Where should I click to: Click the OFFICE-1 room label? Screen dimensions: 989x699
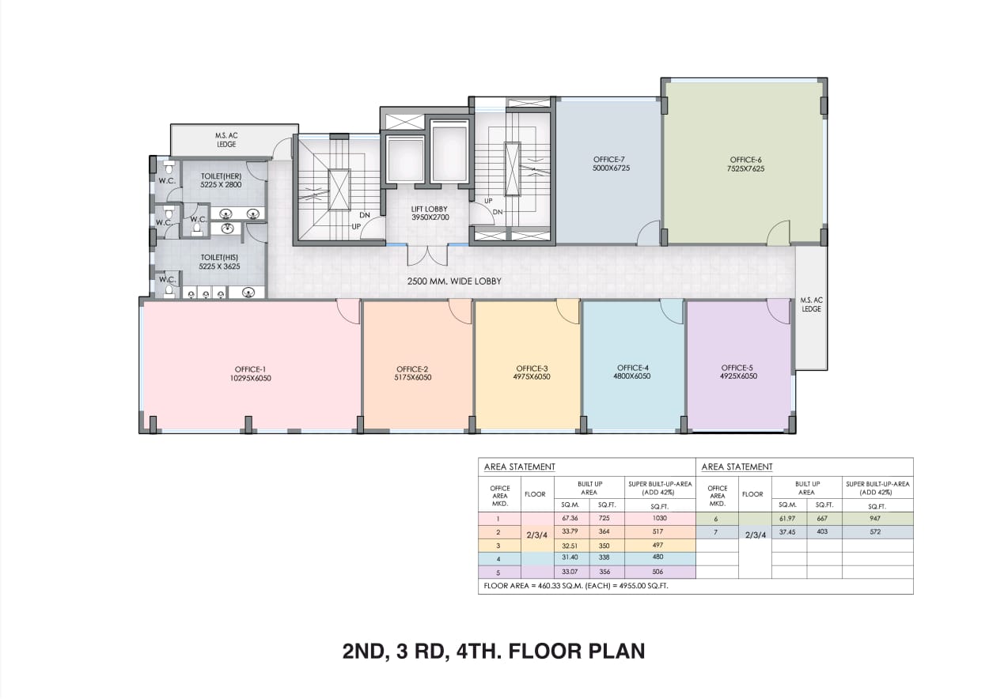point(250,369)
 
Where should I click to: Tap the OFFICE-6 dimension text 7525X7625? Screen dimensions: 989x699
point(745,168)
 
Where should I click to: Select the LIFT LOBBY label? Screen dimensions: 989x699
point(429,210)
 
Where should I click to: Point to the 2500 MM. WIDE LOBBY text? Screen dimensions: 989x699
point(454,281)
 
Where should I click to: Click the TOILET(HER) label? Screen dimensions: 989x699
point(222,176)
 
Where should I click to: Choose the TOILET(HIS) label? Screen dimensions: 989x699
point(219,257)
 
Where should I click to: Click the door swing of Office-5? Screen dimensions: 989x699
point(778,311)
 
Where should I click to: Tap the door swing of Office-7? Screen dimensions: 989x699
point(648,233)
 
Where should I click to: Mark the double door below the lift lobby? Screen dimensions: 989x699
point(427,255)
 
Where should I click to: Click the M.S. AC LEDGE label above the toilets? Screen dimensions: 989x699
point(226,140)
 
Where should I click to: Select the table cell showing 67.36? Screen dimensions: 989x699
point(570,518)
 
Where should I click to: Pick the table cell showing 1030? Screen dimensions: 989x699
point(660,518)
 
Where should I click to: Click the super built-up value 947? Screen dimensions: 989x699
point(874,519)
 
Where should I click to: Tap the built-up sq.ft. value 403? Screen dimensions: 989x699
point(822,531)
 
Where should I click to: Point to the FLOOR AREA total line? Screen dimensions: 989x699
point(576,586)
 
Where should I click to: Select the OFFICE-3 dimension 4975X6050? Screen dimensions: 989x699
point(532,377)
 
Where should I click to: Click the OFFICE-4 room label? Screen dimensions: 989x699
point(633,368)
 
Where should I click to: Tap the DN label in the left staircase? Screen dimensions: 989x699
point(364,215)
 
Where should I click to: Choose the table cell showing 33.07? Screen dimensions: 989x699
point(570,572)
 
